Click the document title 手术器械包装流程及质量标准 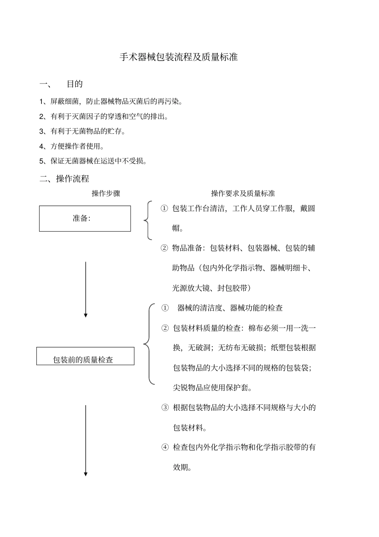click(179, 57)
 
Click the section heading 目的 click(75, 84)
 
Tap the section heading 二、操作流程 click(64, 178)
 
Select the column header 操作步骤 click(106, 194)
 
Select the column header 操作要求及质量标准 click(243, 194)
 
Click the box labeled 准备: click(85, 218)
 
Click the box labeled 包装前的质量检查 click(85, 356)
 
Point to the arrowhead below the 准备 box click(85, 315)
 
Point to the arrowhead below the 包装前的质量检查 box click(85, 474)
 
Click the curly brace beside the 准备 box click(147, 220)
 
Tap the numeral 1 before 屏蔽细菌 click(41, 102)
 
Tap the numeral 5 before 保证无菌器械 click(41, 161)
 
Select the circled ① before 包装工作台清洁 click(164, 208)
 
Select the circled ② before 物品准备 click(164, 248)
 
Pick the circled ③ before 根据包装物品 click(165, 408)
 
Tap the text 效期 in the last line click(180, 467)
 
